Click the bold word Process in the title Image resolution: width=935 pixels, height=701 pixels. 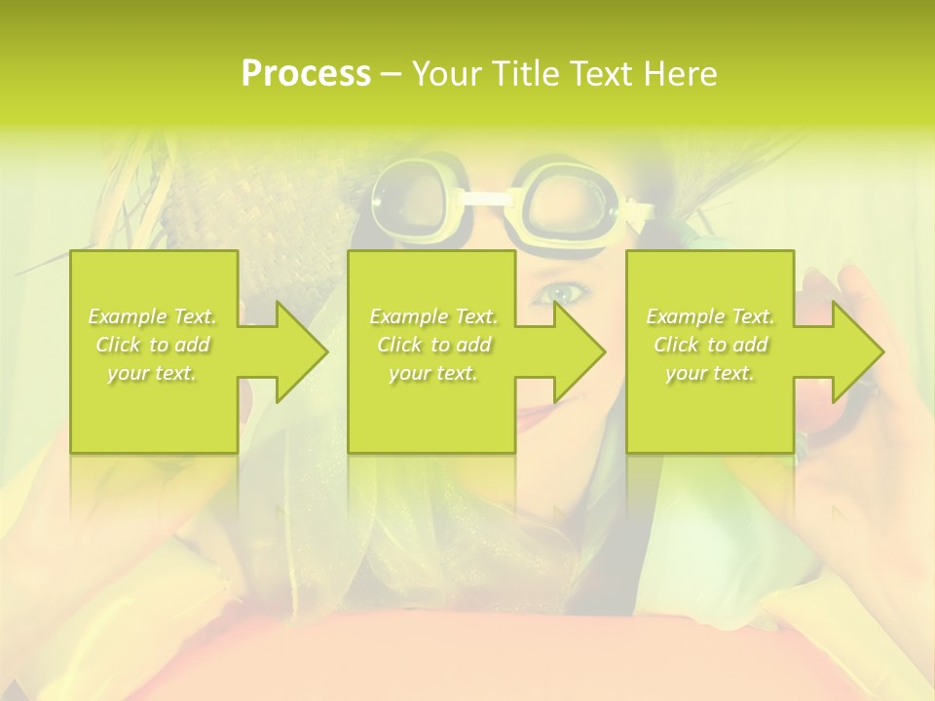coord(306,74)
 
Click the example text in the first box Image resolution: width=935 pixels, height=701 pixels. coord(153,345)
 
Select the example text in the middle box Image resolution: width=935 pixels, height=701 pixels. coord(432,345)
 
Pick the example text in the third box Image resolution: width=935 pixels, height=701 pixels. coord(710,345)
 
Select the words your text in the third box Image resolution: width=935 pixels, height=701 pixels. coord(710,373)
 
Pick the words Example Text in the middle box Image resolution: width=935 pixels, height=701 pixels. coord(432,316)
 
